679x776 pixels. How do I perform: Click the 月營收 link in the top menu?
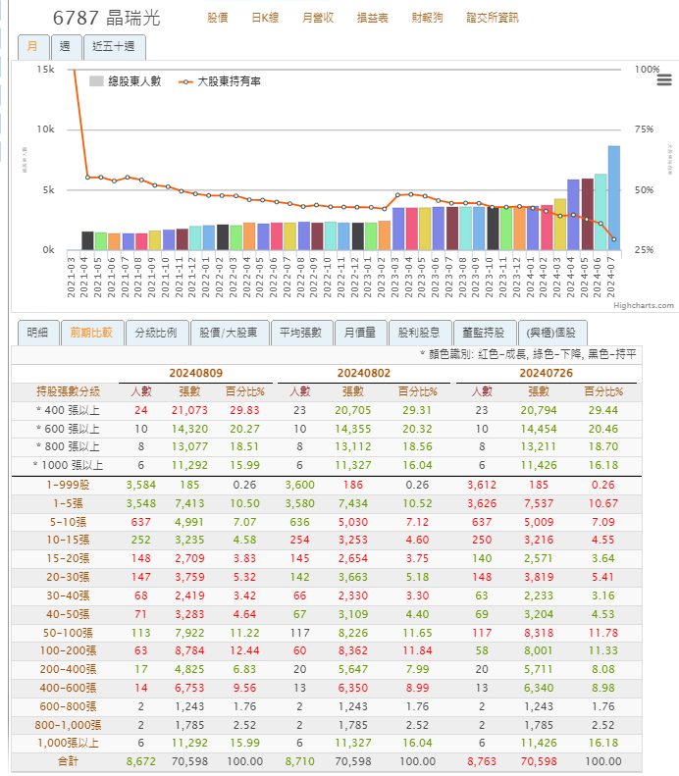point(317,19)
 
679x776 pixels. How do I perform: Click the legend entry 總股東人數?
point(129,81)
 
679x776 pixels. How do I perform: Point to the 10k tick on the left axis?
point(44,129)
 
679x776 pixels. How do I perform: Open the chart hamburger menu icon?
point(663,79)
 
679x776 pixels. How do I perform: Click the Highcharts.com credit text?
point(644,306)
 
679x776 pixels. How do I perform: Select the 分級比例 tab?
point(156,333)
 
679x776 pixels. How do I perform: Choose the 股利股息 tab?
point(420,333)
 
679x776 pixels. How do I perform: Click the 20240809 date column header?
point(194,374)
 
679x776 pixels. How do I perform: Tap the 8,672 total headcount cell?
point(140,761)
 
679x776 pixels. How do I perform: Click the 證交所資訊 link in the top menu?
point(492,19)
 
